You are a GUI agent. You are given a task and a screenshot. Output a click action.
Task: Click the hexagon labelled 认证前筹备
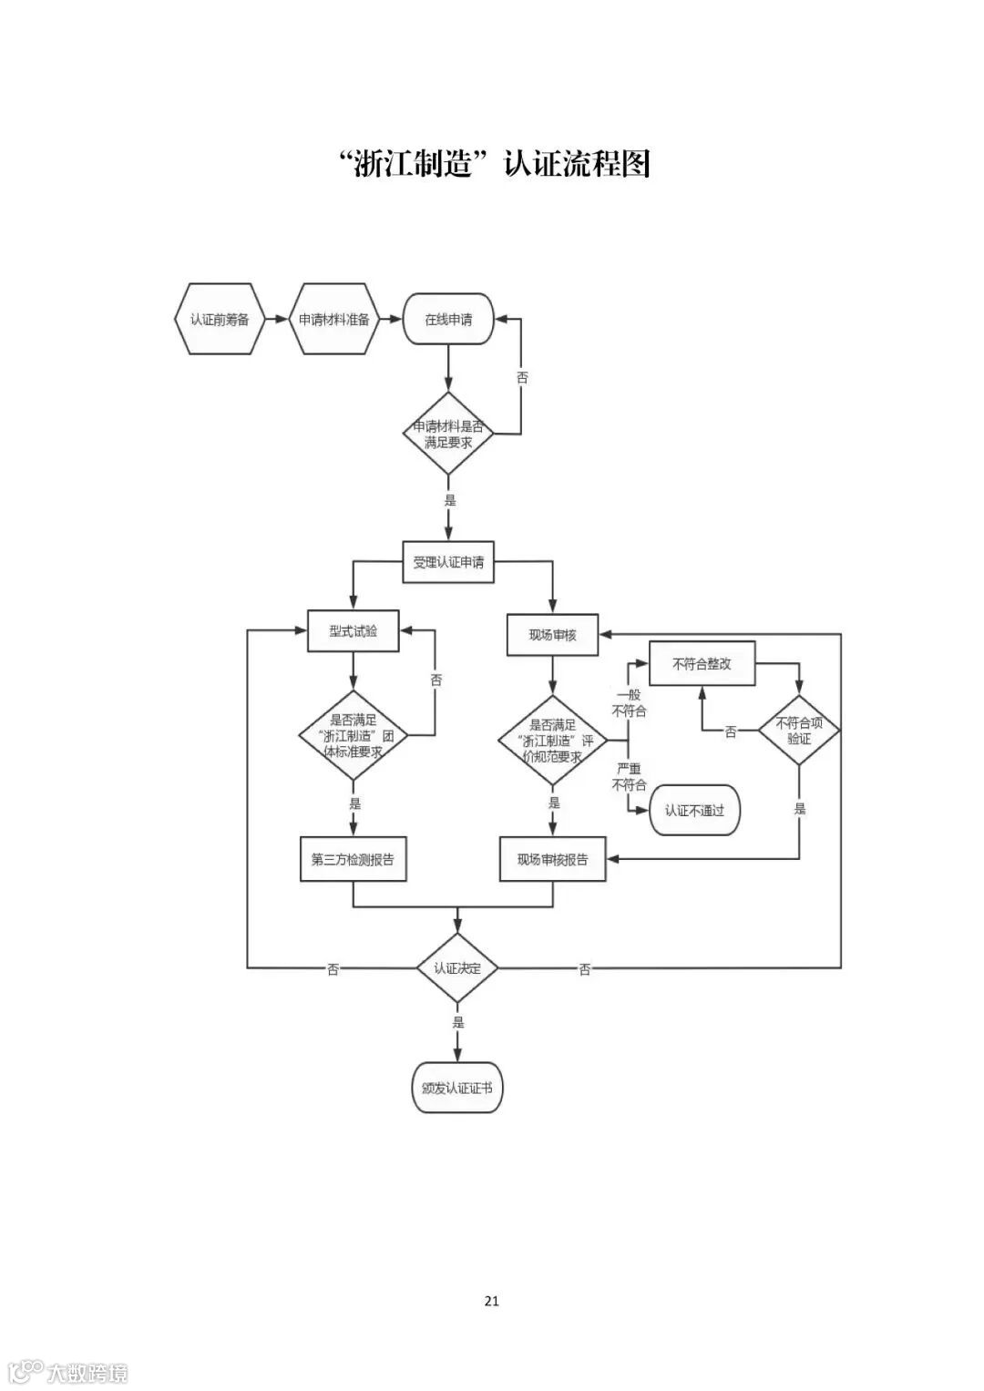coord(220,320)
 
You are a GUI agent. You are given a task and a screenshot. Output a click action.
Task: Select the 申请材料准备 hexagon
coord(334,320)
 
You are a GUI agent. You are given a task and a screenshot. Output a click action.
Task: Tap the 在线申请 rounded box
coord(448,320)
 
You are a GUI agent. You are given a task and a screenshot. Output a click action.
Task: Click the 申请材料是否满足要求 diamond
coord(448,434)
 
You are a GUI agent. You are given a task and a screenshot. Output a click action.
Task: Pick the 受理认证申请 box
coord(448,562)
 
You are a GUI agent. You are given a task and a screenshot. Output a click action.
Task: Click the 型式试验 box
coord(354,631)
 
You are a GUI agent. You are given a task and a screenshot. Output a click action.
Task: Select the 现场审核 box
coord(553,634)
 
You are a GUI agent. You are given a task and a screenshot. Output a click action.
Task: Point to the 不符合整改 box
coord(702,664)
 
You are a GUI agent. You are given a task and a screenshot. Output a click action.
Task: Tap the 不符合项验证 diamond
coord(799,731)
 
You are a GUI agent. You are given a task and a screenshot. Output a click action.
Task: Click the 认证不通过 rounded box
coord(694,810)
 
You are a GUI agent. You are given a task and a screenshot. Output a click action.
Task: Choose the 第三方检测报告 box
coord(353,859)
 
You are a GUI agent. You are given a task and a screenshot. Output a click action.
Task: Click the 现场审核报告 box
coord(553,859)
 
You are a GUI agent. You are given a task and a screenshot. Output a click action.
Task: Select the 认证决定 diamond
coord(457,968)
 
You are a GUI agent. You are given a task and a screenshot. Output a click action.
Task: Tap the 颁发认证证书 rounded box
coord(457,1088)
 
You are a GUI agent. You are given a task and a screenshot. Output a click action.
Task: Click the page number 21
coord(492,1301)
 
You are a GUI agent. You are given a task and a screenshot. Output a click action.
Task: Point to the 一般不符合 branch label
coord(629,702)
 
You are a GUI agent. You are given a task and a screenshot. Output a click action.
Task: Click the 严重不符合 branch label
coord(629,777)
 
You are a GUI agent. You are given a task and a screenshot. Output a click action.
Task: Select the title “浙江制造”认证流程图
coord(492,164)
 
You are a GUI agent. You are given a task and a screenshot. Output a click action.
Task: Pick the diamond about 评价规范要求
coord(553,740)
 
